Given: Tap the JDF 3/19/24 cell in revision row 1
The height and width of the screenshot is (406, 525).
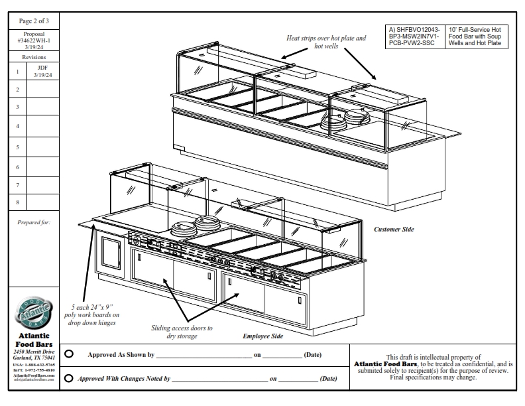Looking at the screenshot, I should click(x=42, y=71).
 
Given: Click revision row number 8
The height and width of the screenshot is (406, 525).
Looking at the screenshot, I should click(x=17, y=200).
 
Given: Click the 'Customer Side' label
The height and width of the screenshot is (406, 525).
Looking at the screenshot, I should click(x=394, y=230).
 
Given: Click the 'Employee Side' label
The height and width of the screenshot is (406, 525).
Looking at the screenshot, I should click(x=262, y=336).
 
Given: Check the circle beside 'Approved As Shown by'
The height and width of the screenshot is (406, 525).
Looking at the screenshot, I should click(x=70, y=354).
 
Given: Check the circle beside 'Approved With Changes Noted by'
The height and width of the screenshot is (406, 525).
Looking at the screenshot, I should click(x=70, y=379).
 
